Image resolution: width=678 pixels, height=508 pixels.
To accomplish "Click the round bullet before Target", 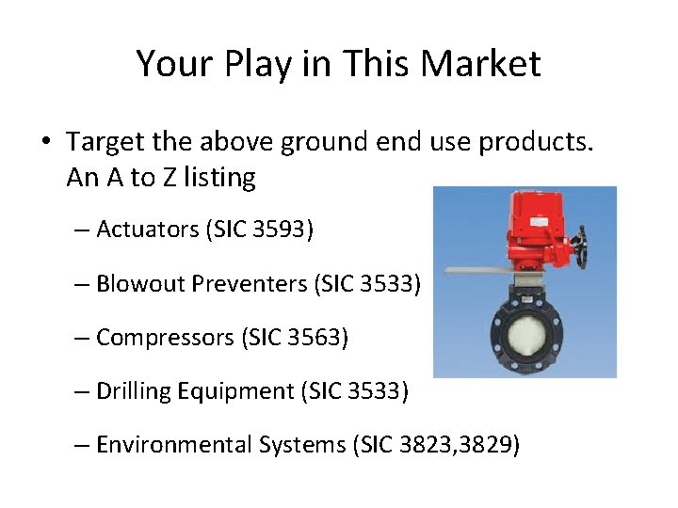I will [46, 143].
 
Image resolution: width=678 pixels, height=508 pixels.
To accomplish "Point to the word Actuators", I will [147, 229].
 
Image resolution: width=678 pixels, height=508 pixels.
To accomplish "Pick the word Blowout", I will [139, 282].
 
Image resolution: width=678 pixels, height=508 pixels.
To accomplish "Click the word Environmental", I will [174, 444].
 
